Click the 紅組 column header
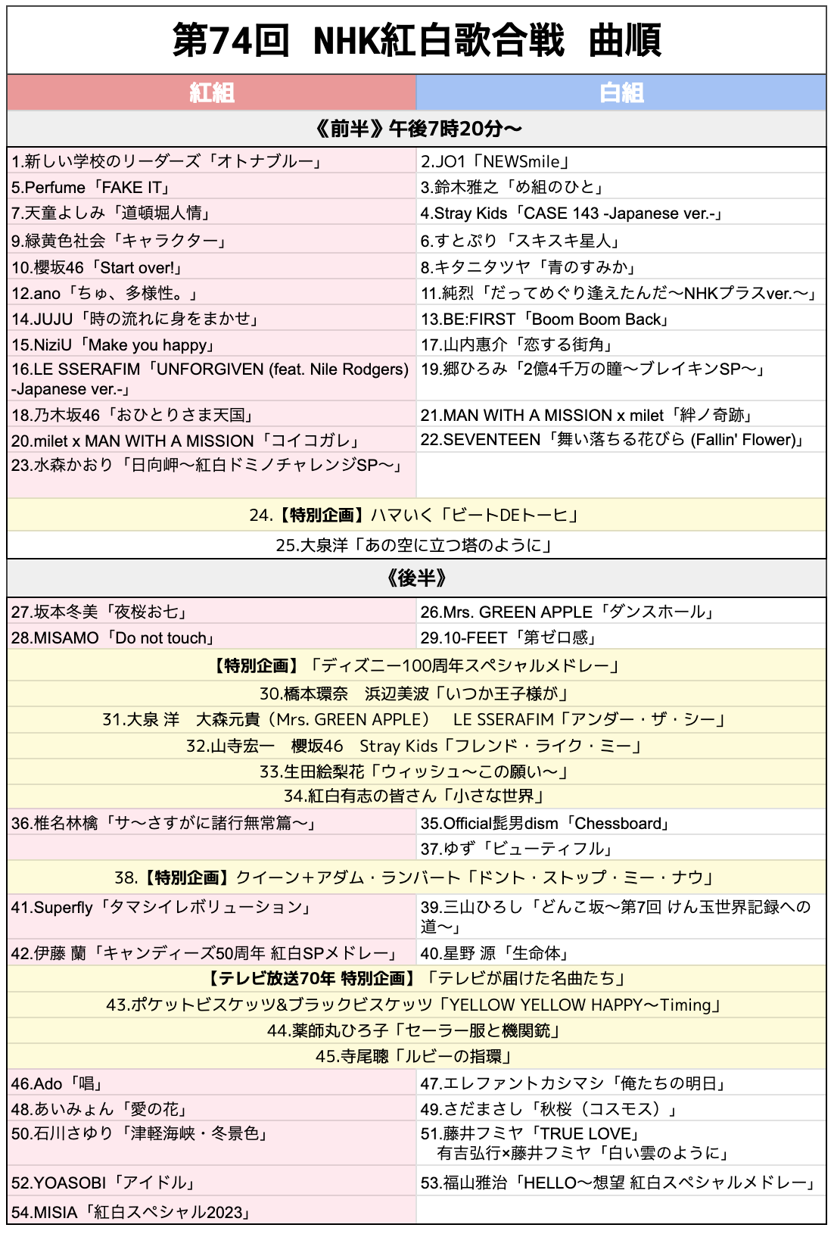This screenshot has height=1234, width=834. (212, 93)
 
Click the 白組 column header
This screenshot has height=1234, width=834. (621, 93)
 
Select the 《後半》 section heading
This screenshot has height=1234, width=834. (416, 578)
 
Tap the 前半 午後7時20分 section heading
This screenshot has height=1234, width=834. (416, 129)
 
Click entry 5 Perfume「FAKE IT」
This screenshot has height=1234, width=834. (91, 187)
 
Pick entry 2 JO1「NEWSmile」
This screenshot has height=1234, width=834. (496, 161)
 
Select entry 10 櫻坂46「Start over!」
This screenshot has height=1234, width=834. (97, 267)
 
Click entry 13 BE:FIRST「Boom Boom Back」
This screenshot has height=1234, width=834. (546, 319)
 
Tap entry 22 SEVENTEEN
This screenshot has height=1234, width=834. (614, 440)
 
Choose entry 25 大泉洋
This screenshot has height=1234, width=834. (415, 545)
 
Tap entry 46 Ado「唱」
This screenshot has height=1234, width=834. (58, 1083)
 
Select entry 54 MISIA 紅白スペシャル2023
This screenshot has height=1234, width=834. (131, 1212)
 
